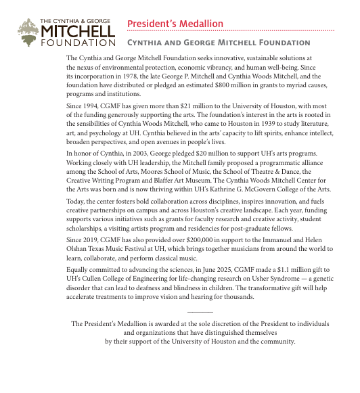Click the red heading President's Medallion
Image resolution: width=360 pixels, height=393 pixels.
coord(175,24)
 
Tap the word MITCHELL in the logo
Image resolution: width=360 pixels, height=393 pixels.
coord(78,30)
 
